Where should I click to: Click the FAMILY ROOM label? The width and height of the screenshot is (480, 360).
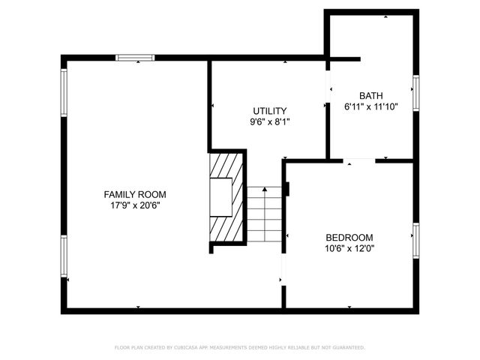tap(135, 194)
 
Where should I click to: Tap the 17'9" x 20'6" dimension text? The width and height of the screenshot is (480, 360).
tap(135, 205)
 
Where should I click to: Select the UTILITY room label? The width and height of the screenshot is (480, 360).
tap(269, 111)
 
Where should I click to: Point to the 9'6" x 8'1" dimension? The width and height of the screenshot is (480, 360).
tap(269, 121)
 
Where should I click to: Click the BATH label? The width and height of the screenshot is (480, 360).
tap(370, 95)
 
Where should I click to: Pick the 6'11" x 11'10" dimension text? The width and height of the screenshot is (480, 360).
tap(370, 106)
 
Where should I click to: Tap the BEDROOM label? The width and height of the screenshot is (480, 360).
tap(349, 237)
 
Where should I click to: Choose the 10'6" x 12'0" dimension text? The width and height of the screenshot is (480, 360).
tap(349, 248)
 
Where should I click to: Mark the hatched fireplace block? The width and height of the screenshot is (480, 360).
tap(226, 196)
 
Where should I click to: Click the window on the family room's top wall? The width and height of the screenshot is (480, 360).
tap(136, 57)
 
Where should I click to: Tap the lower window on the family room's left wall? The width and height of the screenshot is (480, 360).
tap(64, 256)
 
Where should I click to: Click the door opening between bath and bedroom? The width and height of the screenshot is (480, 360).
tap(360, 160)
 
